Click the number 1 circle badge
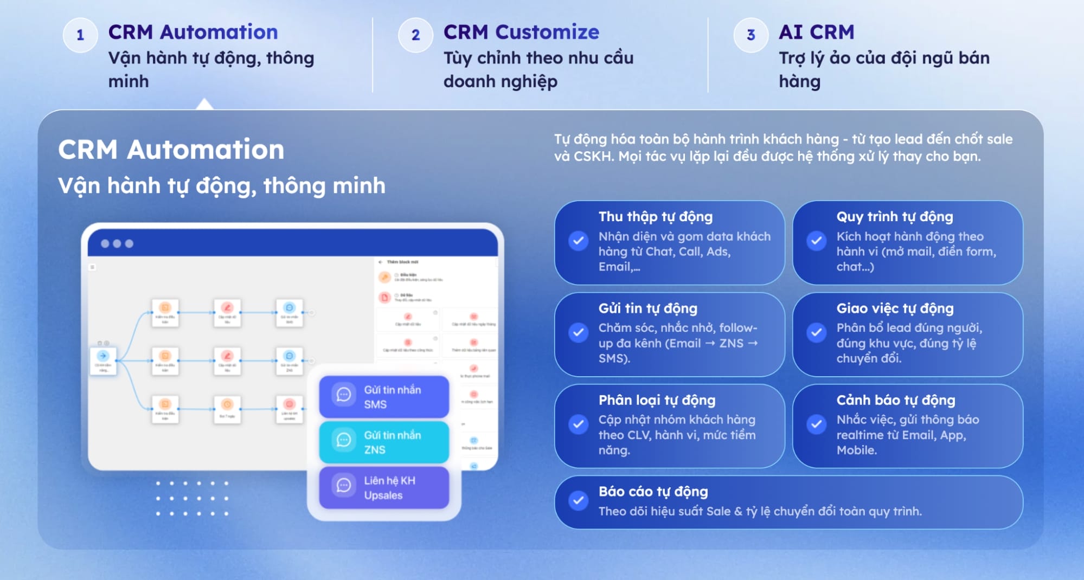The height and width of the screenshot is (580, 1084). tap(80, 35)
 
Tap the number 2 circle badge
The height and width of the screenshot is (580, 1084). tap(415, 35)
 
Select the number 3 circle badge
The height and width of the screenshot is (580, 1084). tap(751, 35)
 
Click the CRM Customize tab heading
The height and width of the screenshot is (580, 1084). tap(521, 32)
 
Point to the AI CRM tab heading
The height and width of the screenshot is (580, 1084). tap(816, 32)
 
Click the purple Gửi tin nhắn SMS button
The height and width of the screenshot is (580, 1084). tap(384, 397)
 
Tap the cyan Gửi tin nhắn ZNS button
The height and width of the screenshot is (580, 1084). tap(384, 442)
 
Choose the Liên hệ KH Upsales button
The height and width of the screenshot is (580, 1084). tap(384, 487)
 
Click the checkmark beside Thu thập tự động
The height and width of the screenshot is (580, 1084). tap(578, 240)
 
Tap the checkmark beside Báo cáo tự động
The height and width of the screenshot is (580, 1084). tap(578, 500)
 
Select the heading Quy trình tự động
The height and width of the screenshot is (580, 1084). tap(894, 216)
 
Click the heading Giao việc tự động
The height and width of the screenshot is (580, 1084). tap(895, 308)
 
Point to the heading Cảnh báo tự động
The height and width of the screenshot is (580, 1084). tap(895, 399)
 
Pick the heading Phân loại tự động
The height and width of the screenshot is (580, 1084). tap(657, 399)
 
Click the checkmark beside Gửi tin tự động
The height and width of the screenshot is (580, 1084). tap(578, 332)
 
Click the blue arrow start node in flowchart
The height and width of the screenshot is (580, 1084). tap(103, 356)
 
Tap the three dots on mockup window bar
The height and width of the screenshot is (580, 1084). tap(117, 243)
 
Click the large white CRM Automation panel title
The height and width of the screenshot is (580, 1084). tap(171, 149)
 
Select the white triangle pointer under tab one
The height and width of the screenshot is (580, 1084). tap(204, 104)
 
